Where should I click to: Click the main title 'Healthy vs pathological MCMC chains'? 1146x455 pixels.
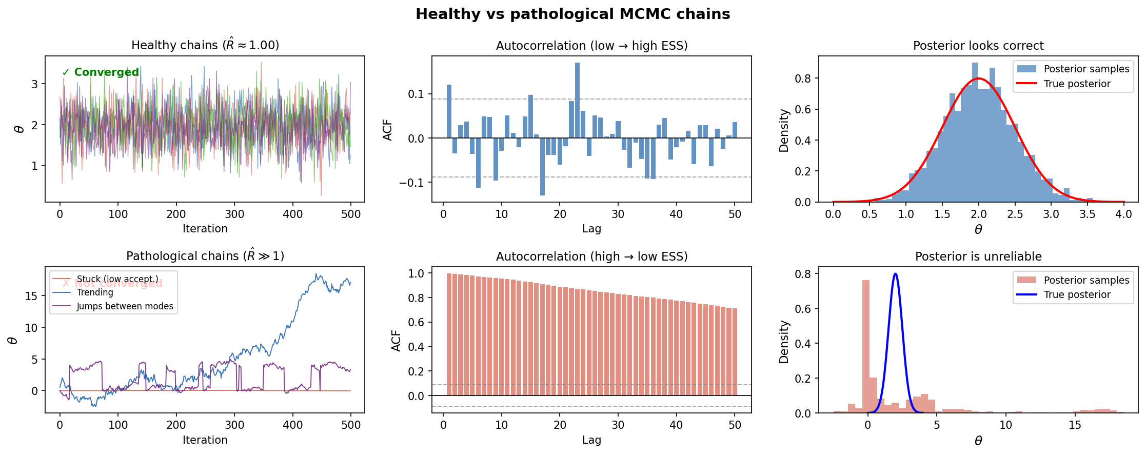(x=572, y=14)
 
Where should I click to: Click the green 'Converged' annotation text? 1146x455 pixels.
(x=106, y=72)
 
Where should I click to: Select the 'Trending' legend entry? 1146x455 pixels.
(x=95, y=292)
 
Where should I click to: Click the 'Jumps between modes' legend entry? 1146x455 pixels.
(x=125, y=306)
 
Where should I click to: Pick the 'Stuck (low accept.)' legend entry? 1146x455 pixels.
(x=117, y=279)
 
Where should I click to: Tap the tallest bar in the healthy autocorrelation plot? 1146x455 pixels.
(x=577, y=101)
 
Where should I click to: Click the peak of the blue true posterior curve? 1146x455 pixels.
(x=895, y=274)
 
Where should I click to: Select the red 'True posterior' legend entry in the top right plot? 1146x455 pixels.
(x=1077, y=84)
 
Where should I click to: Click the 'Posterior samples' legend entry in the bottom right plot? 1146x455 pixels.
(x=1086, y=280)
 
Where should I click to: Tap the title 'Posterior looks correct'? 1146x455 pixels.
(x=978, y=46)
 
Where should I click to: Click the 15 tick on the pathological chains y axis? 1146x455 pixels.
(x=31, y=296)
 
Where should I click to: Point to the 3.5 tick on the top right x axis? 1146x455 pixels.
(x=1087, y=214)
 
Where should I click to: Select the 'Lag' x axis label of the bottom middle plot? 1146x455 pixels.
(x=591, y=440)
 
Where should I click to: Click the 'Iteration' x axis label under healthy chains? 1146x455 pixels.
(x=205, y=229)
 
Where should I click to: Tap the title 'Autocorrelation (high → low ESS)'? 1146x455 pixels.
(x=591, y=256)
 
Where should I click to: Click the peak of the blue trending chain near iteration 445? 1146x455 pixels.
(x=317, y=274)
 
